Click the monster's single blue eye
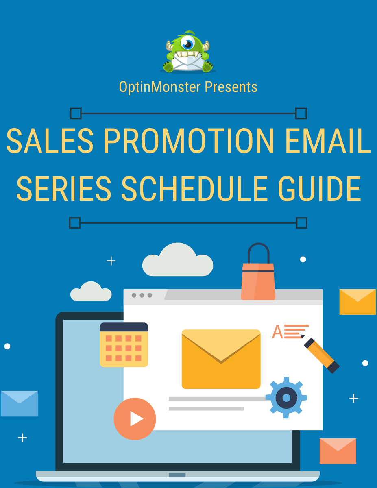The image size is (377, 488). [x=188, y=43]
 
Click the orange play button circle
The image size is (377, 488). [x=135, y=419]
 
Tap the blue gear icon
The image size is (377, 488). [x=286, y=397]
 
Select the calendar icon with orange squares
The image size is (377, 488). [x=124, y=345]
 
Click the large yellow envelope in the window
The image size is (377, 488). [x=221, y=359]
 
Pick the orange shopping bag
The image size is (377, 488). [x=258, y=277]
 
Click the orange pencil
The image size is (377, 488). [x=321, y=355]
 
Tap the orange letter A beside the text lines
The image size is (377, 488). [x=277, y=332]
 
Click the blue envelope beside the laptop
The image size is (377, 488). [x=19, y=403]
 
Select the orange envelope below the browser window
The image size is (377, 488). [x=338, y=451]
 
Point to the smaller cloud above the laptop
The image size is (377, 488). [x=91, y=292]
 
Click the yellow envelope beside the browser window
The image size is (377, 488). [x=357, y=302]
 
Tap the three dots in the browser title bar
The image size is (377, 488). [x=142, y=295]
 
